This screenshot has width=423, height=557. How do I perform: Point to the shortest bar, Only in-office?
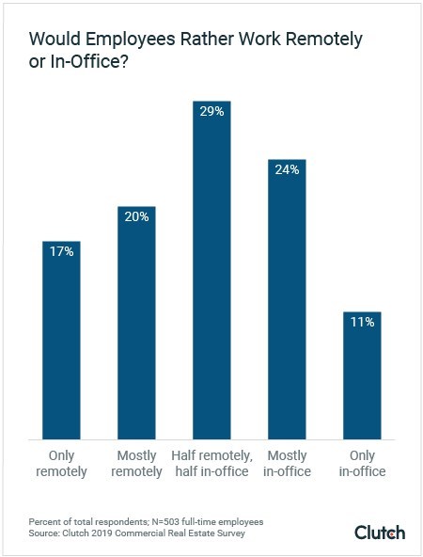362,375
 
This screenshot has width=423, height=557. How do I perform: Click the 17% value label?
61,252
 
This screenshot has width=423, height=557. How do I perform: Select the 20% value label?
136,217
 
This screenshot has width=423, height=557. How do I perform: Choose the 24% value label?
287,170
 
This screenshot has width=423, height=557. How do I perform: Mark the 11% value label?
362,323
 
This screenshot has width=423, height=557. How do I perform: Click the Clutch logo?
380,533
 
